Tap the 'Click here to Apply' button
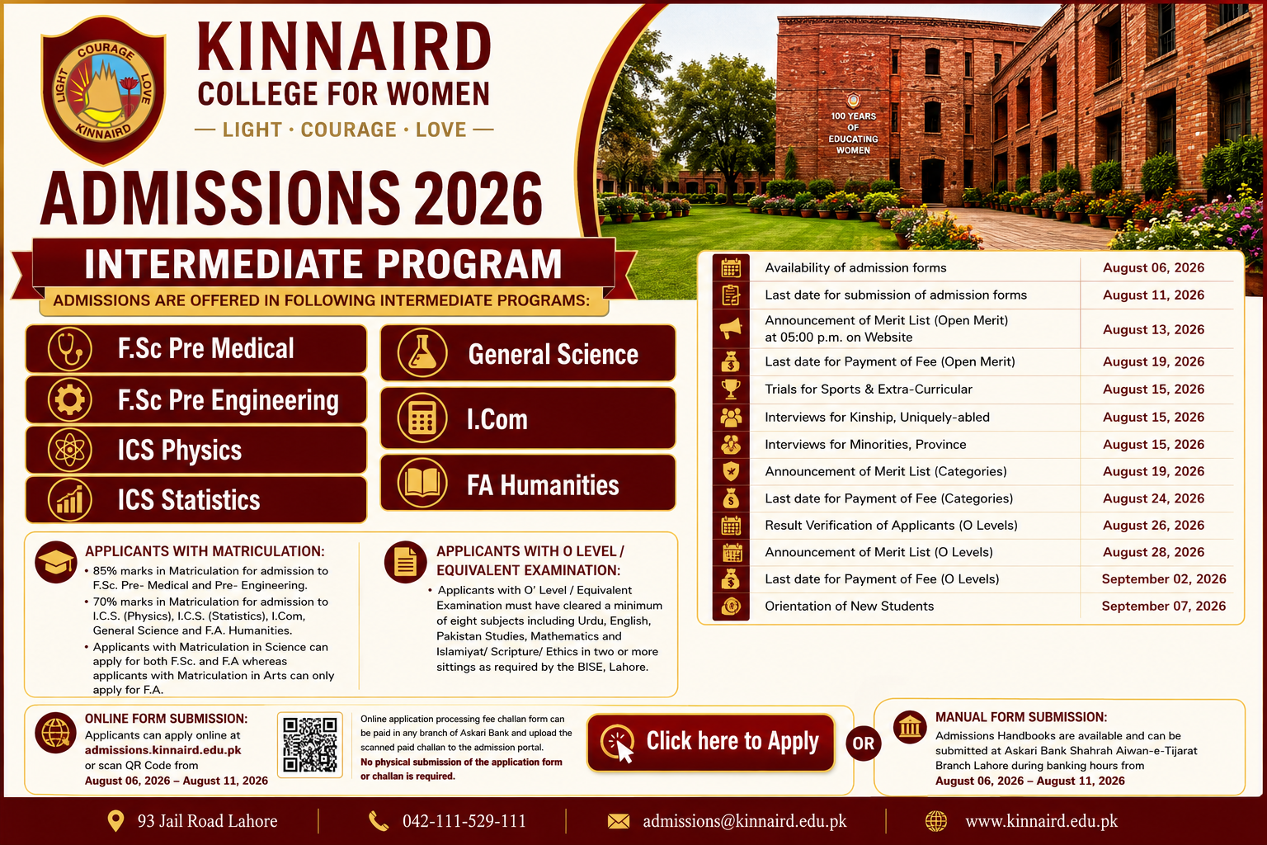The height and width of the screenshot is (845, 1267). click(710, 742)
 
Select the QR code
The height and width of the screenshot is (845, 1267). click(310, 744)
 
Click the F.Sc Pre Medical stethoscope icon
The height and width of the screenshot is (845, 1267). click(69, 348)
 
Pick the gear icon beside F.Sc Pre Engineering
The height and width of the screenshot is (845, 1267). click(69, 399)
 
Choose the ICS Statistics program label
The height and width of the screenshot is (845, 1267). click(189, 500)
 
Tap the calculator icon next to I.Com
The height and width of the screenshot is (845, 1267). click(422, 418)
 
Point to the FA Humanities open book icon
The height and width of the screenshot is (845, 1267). click(422, 484)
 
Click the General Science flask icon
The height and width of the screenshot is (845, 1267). click(422, 352)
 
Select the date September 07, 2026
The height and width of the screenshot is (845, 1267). click(1164, 607)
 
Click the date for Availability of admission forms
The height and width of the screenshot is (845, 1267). click(1153, 267)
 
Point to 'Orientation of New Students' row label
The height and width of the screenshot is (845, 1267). click(849, 607)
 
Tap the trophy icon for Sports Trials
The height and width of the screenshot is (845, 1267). click(731, 389)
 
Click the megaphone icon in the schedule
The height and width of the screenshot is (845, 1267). click(731, 328)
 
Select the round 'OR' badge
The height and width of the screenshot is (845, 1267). click(863, 744)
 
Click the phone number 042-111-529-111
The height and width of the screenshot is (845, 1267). click(464, 821)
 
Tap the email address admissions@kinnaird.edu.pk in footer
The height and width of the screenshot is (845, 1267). click(744, 821)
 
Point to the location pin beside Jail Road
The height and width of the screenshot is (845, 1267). click(115, 821)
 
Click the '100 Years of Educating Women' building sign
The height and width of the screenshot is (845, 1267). click(853, 132)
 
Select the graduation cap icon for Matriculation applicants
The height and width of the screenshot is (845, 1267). click(55, 563)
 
